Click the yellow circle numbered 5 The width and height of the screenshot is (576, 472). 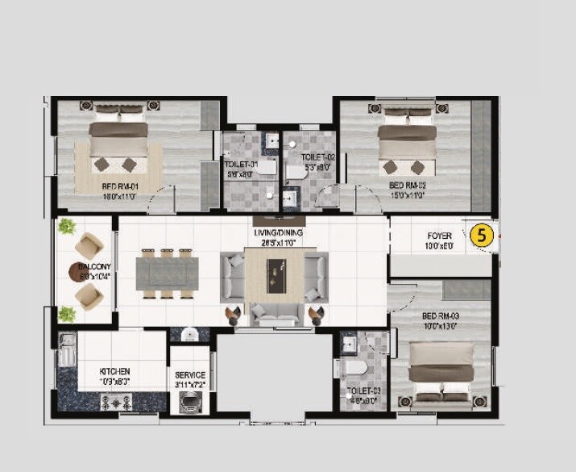482,236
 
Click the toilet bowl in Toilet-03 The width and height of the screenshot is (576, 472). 354,370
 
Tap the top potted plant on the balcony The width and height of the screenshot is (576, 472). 67,226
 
